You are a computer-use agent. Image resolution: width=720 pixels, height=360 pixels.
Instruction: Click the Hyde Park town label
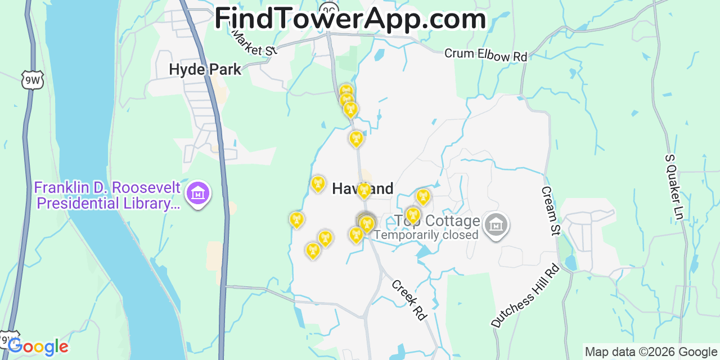pyautogui.click(x=205, y=70)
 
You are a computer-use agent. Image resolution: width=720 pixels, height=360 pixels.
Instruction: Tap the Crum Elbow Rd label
pyautogui.click(x=485, y=55)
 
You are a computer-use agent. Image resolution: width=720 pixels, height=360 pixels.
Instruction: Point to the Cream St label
pyautogui.click(x=551, y=211)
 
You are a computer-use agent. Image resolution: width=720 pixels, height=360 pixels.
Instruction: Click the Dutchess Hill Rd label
pyautogui.click(x=525, y=295)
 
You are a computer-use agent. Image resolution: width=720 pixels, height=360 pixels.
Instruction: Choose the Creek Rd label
pyautogui.click(x=409, y=300)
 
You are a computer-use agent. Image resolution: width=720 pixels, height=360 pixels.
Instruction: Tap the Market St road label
pyautogui.click(x=255, y=43)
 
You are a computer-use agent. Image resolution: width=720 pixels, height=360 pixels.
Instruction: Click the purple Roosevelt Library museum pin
pyautogui.click(x=197, y=194)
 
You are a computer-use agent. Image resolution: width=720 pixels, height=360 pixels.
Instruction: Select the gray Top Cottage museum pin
pyautogui.click(x=496, y=226)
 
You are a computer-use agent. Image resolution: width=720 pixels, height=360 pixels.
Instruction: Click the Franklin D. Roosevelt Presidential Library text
pyautogui.click(x=107, y=195)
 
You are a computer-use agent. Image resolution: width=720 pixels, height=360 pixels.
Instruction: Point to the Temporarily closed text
pyautogui.click(x=426, y=235)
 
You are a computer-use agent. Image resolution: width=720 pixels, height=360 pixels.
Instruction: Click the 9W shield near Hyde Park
pyautogui.click(x=33, y=81)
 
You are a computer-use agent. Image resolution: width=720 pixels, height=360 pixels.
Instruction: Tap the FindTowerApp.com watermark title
pyautogui.click(x=350, y=19)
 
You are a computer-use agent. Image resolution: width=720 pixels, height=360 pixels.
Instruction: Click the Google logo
pyautogui.click(x=38, y=346)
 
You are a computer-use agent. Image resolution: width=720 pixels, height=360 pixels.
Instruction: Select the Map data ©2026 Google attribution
pyautogui.click(x=651, y=352)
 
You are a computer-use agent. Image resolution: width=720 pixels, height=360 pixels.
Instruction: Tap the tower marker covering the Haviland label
pyautogui.click(x=364, y=191)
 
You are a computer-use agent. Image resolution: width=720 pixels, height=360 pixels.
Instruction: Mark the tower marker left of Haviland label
pyautogui.click(x=318, y=184)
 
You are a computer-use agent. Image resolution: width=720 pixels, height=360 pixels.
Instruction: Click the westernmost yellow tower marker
pyautogui.click(x=296, y=220)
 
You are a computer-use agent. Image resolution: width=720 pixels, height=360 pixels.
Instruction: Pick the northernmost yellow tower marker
pyautogui.click(x=346, y=90)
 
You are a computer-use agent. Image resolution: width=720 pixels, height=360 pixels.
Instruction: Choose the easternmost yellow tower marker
pyautogui.click(x=423, y=196)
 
